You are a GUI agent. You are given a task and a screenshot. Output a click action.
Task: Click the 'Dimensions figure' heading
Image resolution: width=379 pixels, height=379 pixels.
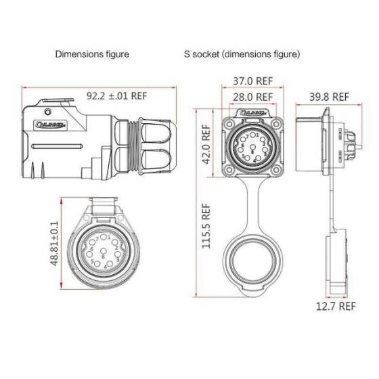point(92,53)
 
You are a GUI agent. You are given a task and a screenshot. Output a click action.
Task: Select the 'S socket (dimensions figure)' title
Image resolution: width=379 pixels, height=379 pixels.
point(242,53)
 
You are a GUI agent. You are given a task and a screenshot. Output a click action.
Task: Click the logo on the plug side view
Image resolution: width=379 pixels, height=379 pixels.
point(49,124)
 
